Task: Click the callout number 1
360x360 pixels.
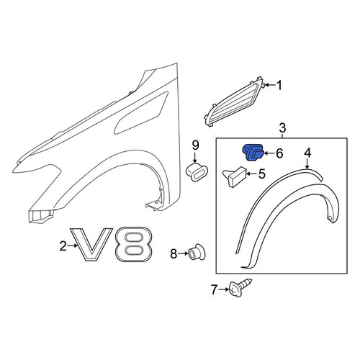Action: pyautogui.click(x=279, y=86)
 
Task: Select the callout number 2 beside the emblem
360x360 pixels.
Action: pyautogui.click(x=63, y=246)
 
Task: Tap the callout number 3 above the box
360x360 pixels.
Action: pyautogui.click(x=282, y=127)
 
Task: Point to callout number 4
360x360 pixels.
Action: pyautogui.click(x=307, y=153)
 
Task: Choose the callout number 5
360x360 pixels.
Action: pyautogui.click(x=262, y=174)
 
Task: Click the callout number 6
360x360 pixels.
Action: pyautogui.click(x=279, y=153)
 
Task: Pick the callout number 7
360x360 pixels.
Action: pyautogui.click(x=214, y=289)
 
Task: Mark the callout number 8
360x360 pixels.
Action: pyautogui.click(x=174, y=253)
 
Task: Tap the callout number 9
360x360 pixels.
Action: pyautogui.click(x=196, y=145)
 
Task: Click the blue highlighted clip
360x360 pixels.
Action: pyautogui.click(x=253, y=153)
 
